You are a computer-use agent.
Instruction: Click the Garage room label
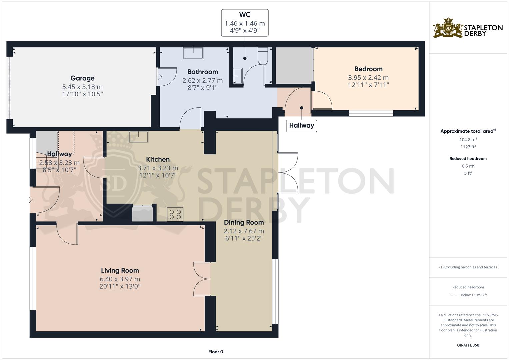pyautogui.click(x=82, y=78)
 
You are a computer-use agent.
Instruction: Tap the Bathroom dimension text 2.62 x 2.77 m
pyautogui.click(x=202, y=80)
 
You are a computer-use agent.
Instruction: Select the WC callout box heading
pyautogui.click(x=245, y=15)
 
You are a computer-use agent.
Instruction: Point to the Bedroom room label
pyautogui.click(x=368, y=69)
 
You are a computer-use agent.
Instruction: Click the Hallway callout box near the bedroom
pyautogui.click(x=301, y=126)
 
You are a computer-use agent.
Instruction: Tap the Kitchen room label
pyautogui.click(x=158, y=159)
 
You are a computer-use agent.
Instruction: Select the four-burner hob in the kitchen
pyautogui.click(x=175, y=214)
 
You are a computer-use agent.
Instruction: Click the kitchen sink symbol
pyautogui.click(x=139, y=137)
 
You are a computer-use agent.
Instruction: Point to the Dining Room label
pyautogui.click(x=244, y=222)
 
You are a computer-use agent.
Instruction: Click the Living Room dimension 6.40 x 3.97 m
pyautogui.click(x=120, y=279)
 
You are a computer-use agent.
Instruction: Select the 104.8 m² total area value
pyautogui.click(x=468, y=140)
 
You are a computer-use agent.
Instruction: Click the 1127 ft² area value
pyautogui.click(x=468, y=147)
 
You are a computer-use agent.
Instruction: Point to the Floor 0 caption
pyautogui.click(x=216, y=352)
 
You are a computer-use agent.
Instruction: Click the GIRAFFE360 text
pyautogui.click(x=468, y=345)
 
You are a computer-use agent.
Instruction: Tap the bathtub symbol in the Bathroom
pyautogui.click(x=193, y=53)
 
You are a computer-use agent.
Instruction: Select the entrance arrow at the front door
pyautogui.click(x=30, y=200)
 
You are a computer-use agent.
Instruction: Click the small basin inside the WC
pyautogui.click(x=238, y=75)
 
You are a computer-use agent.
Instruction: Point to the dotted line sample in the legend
pyautogui.click(x=454, y=295)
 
